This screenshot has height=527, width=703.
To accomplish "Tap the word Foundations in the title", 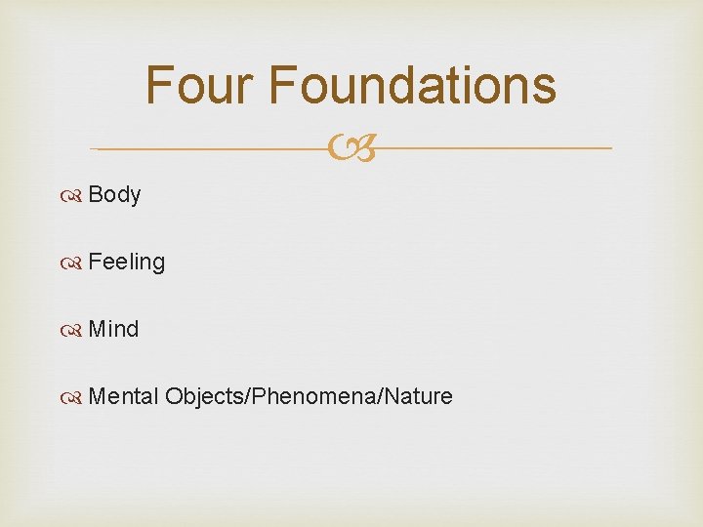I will (x=412, y=85).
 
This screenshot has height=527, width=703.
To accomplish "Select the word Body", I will (x=114, y=194).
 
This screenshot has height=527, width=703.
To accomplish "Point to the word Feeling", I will (x=126, y=262).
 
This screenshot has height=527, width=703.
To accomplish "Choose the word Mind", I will (x=113, y=329).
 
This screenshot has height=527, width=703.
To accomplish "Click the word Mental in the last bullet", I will (x=123, y=396).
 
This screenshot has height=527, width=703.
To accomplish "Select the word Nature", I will (x=421, y=396).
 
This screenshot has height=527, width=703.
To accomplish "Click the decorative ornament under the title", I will (x=351, y=149).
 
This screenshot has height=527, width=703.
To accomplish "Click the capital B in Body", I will (x=95, y=194).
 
